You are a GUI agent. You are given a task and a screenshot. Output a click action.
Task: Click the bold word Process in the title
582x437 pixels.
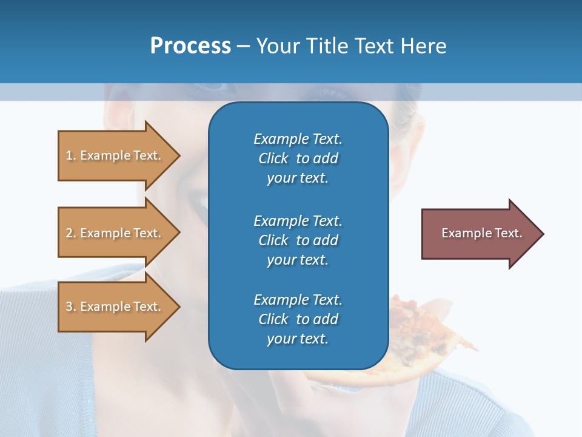tap(190, 46)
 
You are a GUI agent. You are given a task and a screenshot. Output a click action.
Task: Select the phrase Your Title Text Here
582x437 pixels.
tap(351, 46)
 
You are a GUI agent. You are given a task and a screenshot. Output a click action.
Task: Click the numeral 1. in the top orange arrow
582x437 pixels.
tap(71, 155)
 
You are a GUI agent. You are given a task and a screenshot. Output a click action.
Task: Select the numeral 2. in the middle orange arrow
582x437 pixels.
tap(71, 233)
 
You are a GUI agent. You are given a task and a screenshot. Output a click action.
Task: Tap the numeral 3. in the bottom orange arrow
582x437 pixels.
tap(71, 307)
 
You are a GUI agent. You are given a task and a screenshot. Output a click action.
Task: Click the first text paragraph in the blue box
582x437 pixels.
tap(298, 158)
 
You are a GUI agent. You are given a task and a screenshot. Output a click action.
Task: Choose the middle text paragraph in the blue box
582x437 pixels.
tap(298, 240)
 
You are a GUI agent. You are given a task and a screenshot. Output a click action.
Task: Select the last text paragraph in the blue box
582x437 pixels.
tap(298, 319)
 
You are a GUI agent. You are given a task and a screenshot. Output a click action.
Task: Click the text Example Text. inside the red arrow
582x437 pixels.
tap(481, 233)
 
